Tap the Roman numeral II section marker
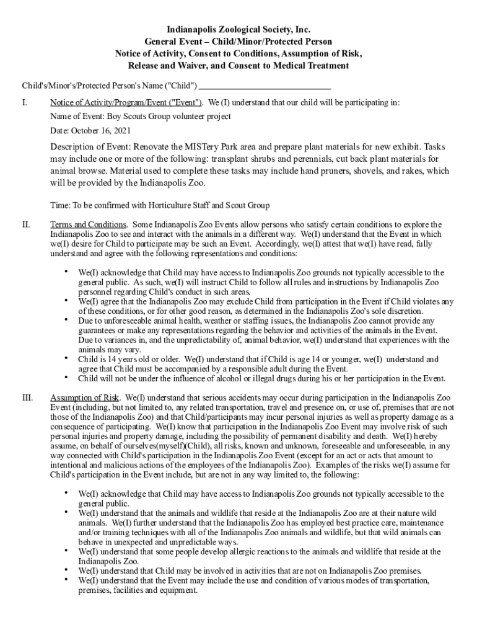click(x=25, y=224)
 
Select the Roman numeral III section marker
click(x=27, y=397)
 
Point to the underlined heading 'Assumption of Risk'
click(x=85, y=397)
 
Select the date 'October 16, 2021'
click(x=101, y=131)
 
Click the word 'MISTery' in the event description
click(x=204, y=148)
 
